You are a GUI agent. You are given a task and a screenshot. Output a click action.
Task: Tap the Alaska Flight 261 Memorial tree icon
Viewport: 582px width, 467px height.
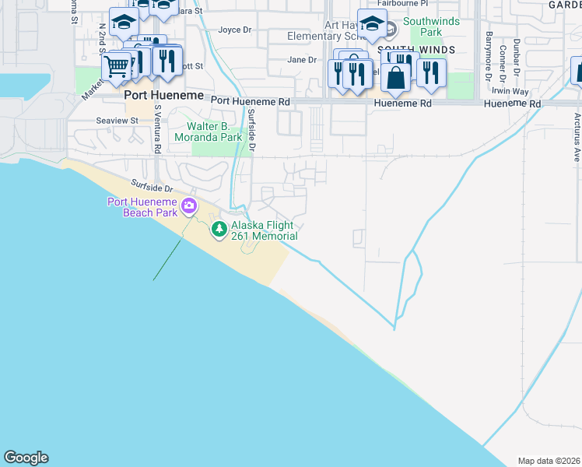click(x=219, y=228)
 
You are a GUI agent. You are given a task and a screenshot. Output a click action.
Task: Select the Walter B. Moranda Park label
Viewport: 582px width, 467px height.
click(x=215, y=132)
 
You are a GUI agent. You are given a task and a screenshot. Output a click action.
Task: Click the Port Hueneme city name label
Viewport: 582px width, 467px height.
click(x=163, y=95)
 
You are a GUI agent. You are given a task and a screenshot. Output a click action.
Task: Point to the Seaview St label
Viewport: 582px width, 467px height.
click(x=116, y=121)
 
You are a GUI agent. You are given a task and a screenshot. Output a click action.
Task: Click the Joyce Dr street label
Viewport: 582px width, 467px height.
click(x=235, y=30)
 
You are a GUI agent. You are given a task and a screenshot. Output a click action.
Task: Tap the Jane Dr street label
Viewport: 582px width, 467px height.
click(x=302, y=59)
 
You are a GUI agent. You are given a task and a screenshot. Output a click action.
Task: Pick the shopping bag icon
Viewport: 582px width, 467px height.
click(x=395, y=78)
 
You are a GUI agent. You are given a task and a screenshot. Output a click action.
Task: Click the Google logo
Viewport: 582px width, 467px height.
click(x=26, y=458)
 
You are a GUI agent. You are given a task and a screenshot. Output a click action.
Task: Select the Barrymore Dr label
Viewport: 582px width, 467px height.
click(x=489, y=55)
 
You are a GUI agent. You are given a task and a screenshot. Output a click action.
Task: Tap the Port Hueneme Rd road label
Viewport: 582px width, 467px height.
click(x=250, y=101)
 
